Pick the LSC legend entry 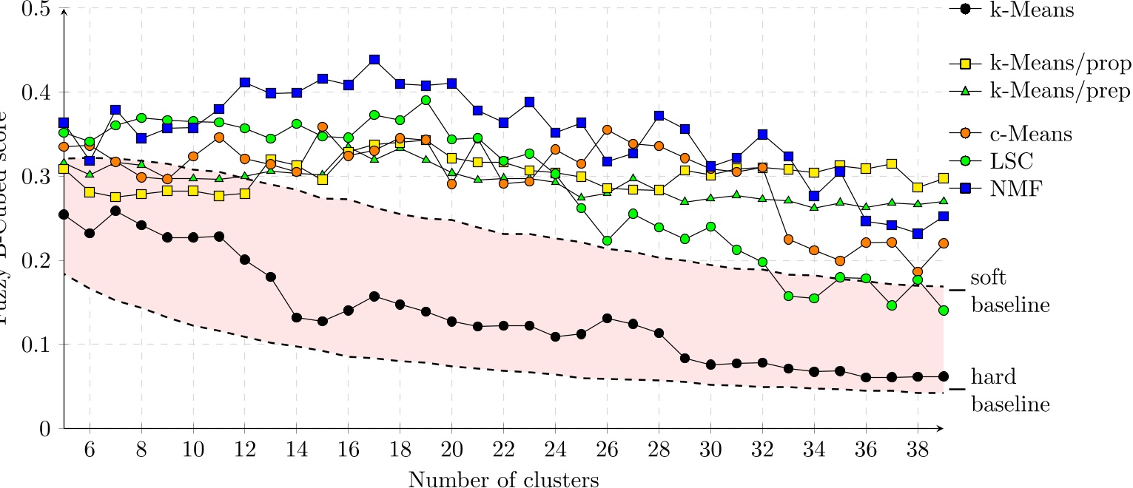coord(1006,162)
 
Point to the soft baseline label coord(1009,291)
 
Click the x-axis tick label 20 coord(451,450)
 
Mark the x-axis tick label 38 coord(917,450)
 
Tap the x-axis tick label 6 coord(90,450)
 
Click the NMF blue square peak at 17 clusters coord(374,59)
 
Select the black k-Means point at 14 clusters coord(297,317)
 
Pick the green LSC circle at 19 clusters coord(426,100)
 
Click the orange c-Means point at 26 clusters coord(607,129)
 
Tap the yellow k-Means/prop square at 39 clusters coord(943,178)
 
